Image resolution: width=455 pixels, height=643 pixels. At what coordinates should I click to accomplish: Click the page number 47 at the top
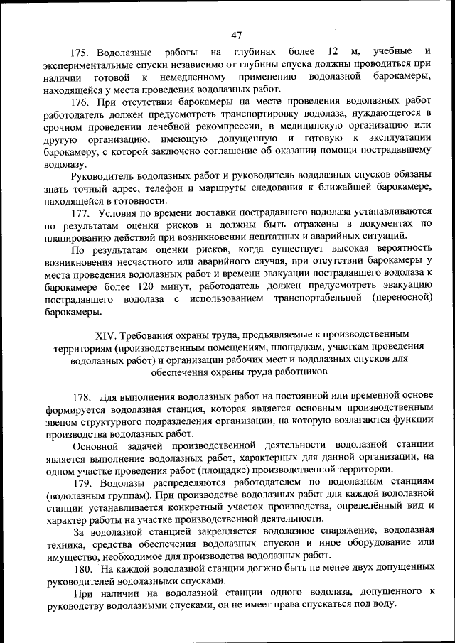pos(237,36)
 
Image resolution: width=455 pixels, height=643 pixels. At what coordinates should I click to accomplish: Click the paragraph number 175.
pos(80,52)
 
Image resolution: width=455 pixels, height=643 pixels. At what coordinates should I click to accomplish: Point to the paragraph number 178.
pos(81,396)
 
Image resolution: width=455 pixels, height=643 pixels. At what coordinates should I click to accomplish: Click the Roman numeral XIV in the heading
pos(105,335)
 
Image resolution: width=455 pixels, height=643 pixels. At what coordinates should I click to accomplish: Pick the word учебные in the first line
pos(392,52)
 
